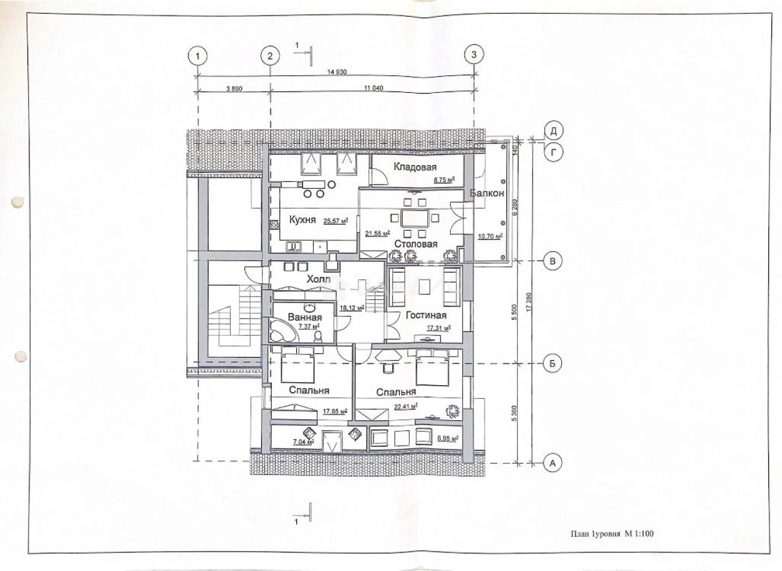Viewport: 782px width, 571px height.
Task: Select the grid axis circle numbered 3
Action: click(474, 55)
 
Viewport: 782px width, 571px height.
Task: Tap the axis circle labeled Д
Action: click(553, 130)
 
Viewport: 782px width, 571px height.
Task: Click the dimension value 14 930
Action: click(337, 72)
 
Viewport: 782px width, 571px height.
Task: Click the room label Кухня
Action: click(304, 219)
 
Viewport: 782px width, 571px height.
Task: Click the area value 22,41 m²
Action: click(405, 406)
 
